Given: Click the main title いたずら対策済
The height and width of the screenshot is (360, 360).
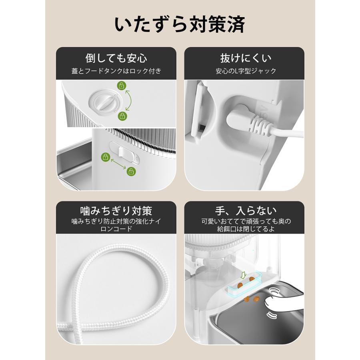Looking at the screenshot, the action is coord(180,24).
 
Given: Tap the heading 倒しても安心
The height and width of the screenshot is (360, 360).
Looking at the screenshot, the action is coord(116,58).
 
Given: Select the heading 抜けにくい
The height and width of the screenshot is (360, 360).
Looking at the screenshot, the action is coord(246,58).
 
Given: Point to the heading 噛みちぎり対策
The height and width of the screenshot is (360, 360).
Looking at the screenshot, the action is coord(116,211).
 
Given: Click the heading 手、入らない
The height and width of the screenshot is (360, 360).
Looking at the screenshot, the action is coord(246,210).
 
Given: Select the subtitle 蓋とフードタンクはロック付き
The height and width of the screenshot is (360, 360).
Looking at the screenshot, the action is coord(116,71).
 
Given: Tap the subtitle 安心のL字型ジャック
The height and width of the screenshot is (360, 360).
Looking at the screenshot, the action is coord(246,71).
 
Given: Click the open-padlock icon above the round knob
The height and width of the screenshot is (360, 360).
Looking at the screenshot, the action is coord(122,86).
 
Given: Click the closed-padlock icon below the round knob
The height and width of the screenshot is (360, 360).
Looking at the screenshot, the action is coord(123,116).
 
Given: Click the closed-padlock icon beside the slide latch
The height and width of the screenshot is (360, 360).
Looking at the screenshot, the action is coord(106,157).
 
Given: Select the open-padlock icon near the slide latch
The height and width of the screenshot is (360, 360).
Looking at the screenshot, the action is coord(131,172).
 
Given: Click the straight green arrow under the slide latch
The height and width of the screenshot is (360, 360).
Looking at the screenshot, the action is coord(118,164).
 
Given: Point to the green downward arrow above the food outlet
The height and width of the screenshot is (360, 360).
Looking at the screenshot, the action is coord(244,275).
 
